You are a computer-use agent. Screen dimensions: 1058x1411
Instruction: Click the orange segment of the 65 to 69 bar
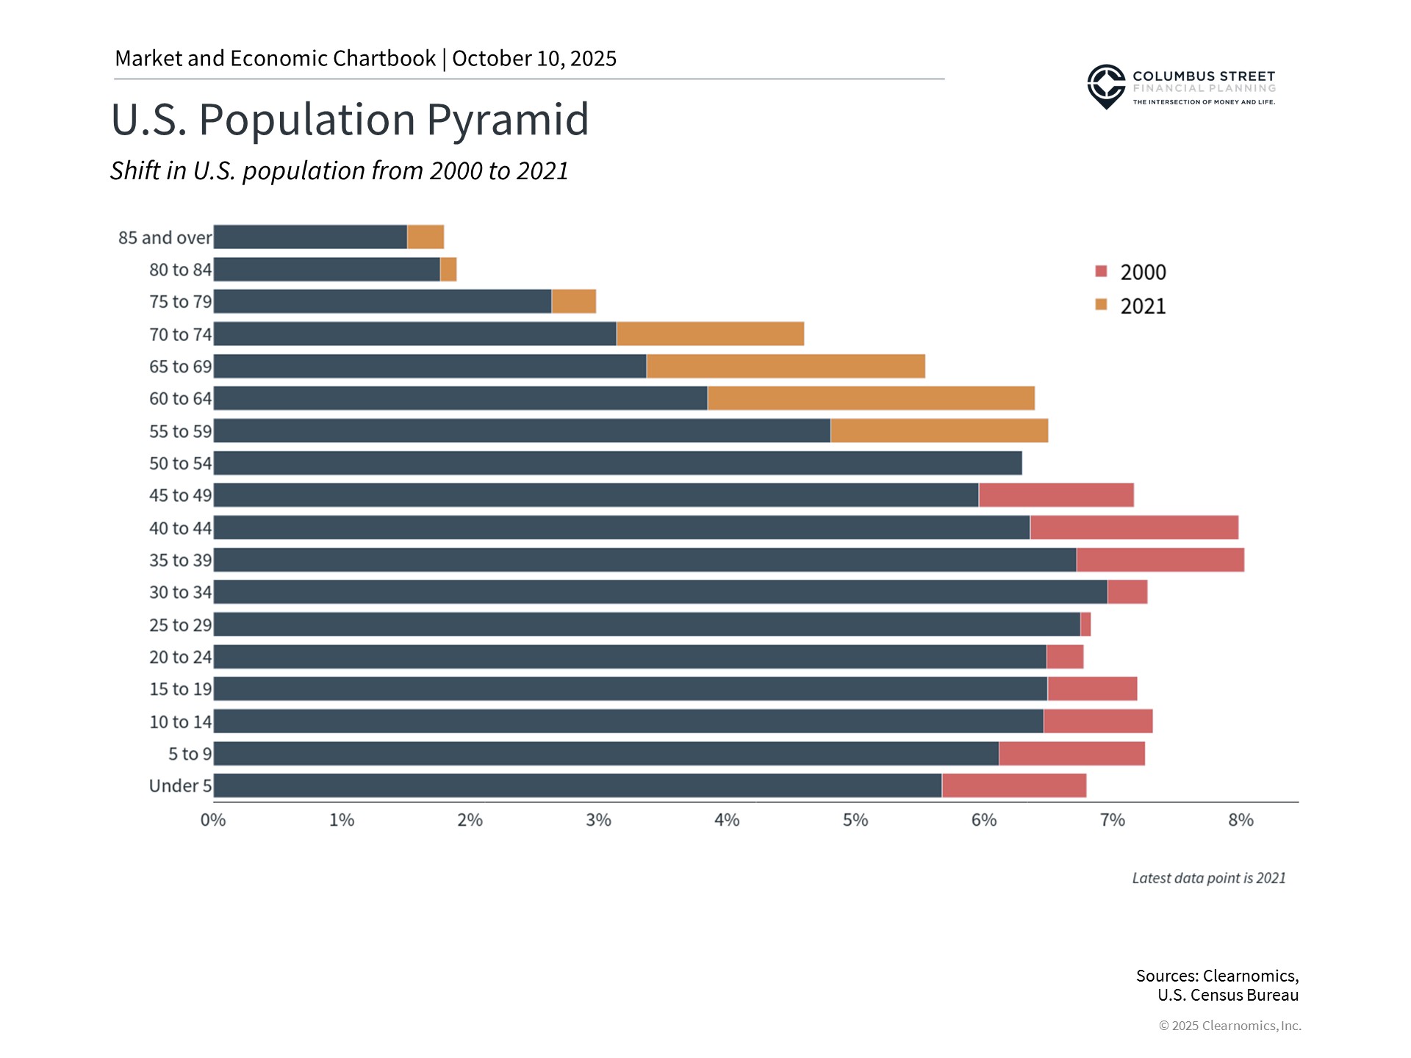coord(785,366)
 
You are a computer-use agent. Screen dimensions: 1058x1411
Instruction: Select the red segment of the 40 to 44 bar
coord(1133,528)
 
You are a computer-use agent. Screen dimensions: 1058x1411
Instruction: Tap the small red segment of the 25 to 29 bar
coord(1085,625)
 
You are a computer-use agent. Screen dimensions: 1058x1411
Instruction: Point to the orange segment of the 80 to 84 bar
coord(448,270)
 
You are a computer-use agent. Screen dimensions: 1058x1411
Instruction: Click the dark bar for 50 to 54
coord(617,463)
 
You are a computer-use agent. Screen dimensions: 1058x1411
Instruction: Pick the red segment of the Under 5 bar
coord(1013,785)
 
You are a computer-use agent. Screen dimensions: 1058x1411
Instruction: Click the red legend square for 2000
coord(1101,271)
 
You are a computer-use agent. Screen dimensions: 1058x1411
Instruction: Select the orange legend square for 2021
coord(1101,305)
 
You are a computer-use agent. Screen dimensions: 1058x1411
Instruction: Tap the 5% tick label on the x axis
coord(855,820)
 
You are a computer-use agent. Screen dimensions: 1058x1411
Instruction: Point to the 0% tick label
coord(213,820)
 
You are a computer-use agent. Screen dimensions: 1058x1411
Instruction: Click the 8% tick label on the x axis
coord(1241,820)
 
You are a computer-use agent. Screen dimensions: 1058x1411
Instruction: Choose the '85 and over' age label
coord(165,238)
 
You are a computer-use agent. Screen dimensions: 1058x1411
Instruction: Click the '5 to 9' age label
coord(190,754)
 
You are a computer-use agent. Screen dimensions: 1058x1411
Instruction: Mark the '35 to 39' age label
coord(180,560)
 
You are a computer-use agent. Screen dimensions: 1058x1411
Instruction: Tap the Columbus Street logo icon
coord(1106,86)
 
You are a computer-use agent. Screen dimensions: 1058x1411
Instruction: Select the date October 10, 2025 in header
coord(534,59)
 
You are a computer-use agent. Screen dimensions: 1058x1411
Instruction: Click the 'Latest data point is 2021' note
coord(1208,878)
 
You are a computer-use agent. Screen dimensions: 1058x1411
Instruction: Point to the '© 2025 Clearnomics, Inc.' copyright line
coord(1229,1026)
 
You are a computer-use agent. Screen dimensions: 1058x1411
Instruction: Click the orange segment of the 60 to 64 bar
coord(870,398)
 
